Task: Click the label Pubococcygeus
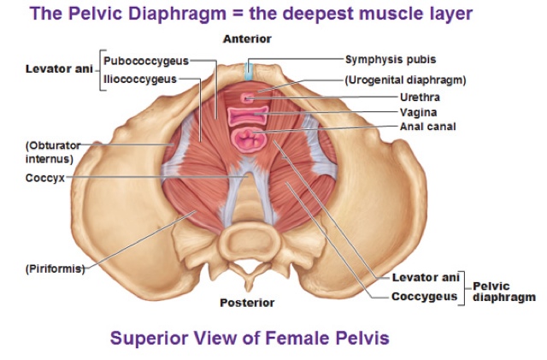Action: (x=145, y=62)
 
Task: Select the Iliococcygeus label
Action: (x=140, y=79)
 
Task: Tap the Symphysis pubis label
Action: (x=390, y=60)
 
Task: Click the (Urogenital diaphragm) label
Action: (x=405, y=80)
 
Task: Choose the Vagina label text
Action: (x=419, y=112)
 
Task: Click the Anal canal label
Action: (x=427, y=127)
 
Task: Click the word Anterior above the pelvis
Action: (x=247, y=39)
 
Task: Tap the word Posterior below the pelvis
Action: (x=247, y=303)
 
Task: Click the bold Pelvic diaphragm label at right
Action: (x=503, y=292)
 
